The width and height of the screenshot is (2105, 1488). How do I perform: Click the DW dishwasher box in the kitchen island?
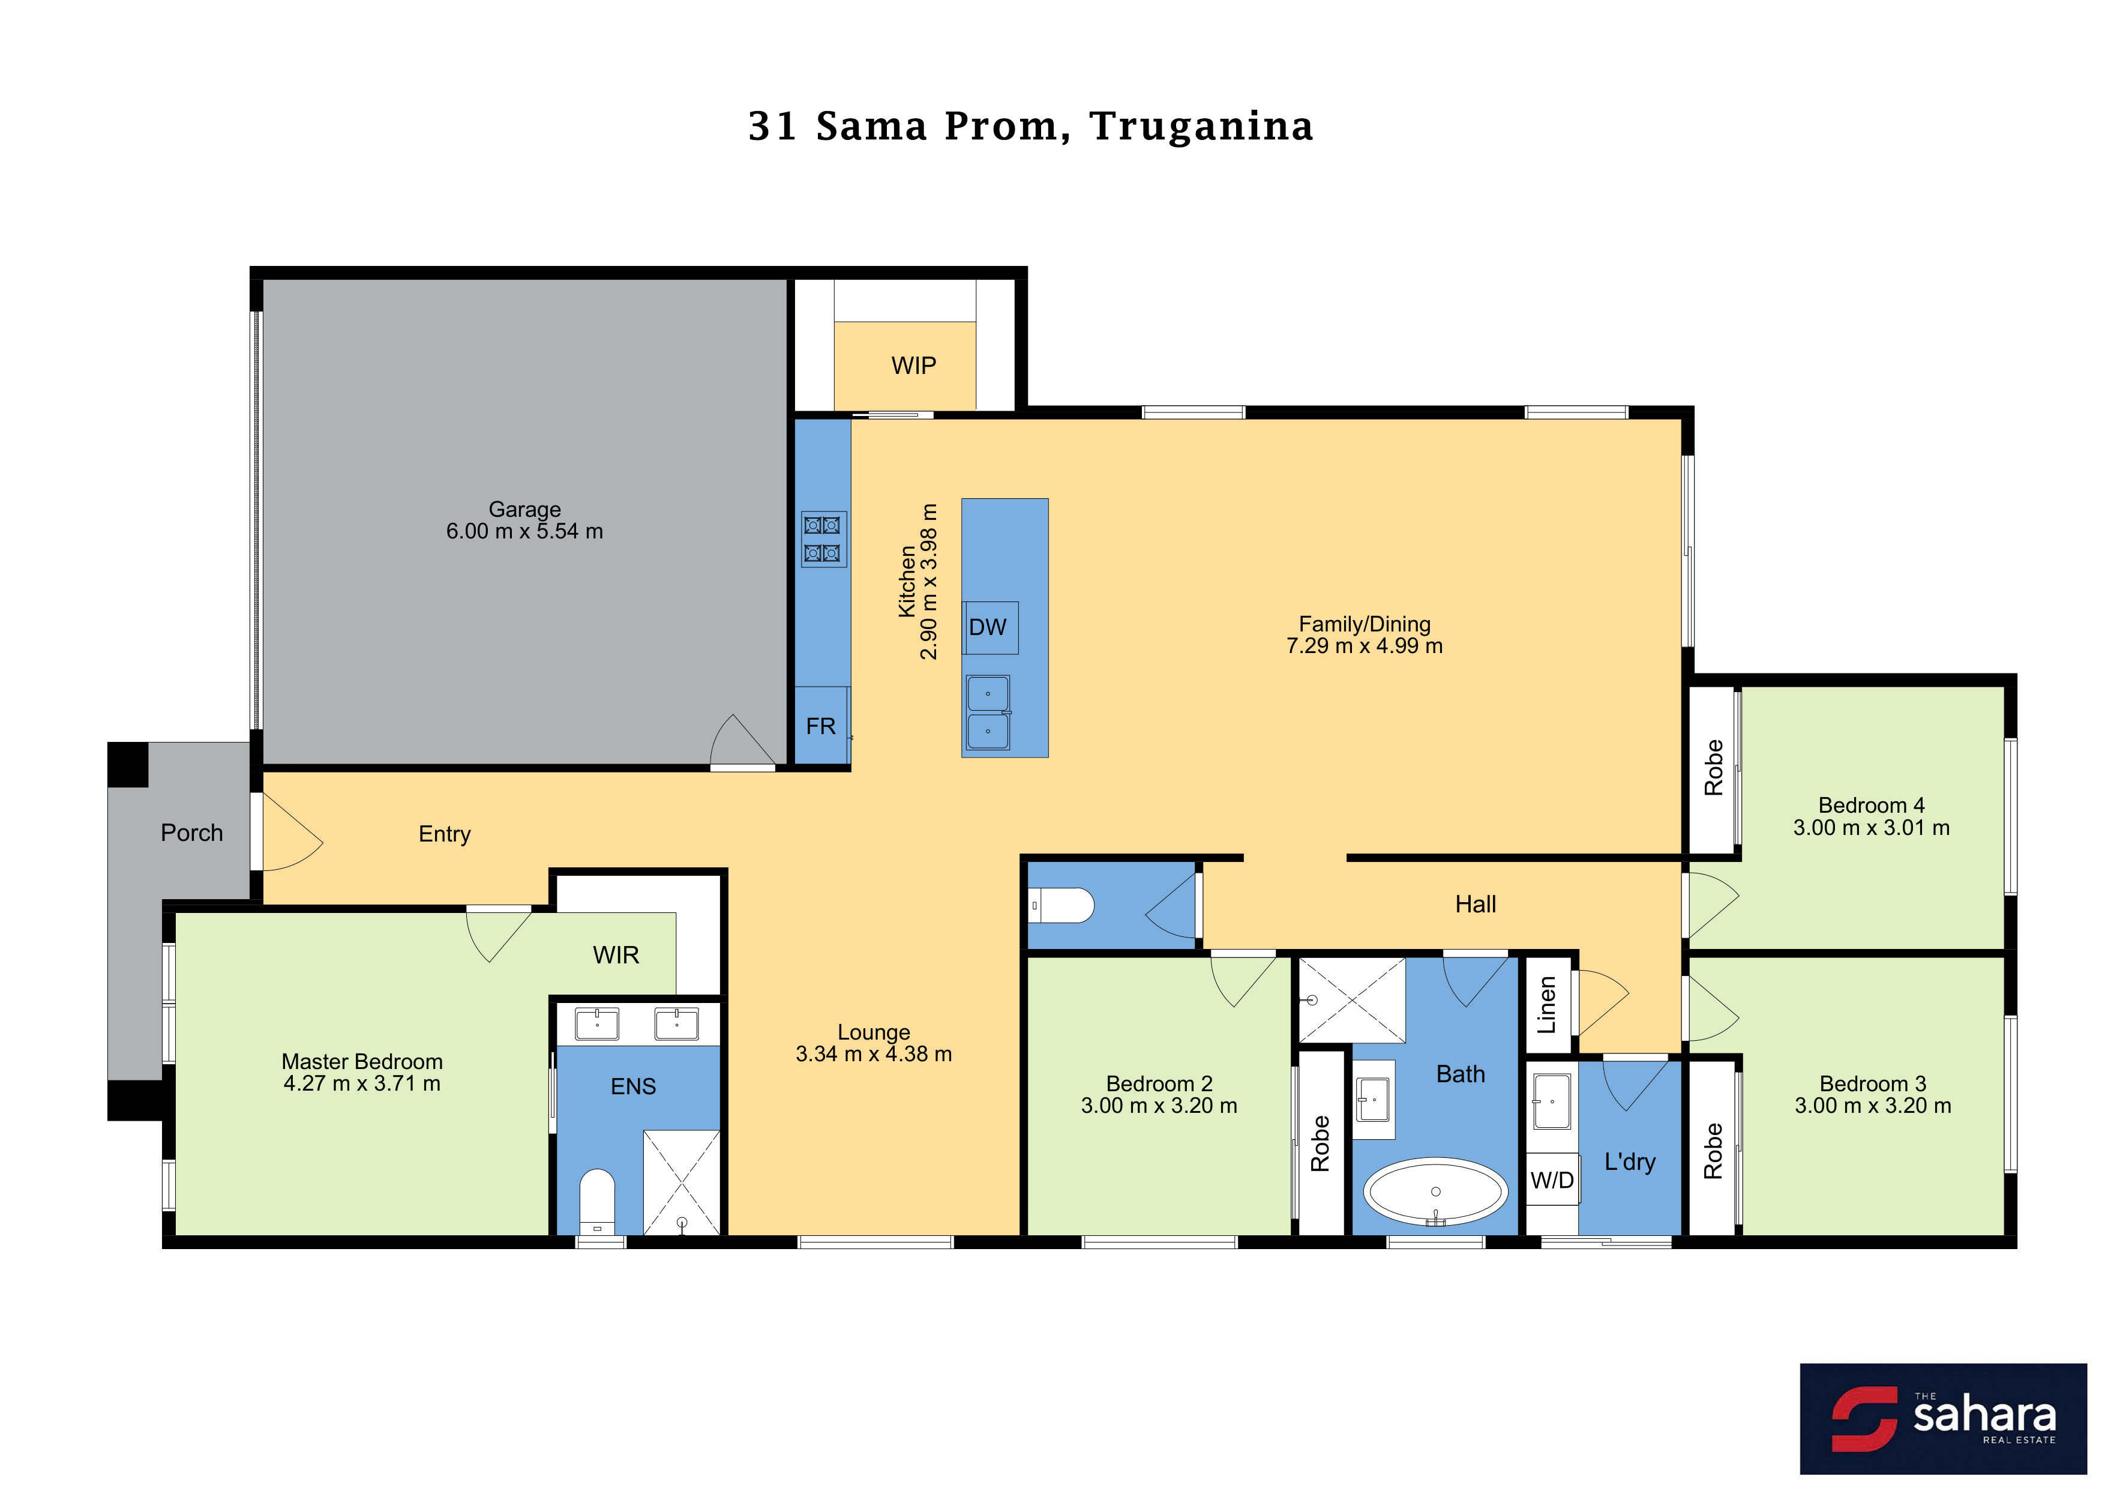pos(990,627)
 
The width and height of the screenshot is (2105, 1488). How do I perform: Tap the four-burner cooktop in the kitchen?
pos(823,539)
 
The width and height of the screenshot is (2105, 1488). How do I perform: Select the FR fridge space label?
pos(820,726)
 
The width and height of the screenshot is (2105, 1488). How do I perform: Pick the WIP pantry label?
pos(913,366)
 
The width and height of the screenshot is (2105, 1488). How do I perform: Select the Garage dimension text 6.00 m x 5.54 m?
pos(524,531)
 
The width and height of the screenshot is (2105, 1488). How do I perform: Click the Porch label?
pos(191,833)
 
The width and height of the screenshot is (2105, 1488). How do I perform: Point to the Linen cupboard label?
pos(1547,1005)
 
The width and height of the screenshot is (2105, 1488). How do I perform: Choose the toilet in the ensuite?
pos(597,1201)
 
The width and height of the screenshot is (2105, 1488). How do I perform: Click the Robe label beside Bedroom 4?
pos(1713,767)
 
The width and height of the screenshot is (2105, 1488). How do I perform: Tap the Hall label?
pos(1475,904)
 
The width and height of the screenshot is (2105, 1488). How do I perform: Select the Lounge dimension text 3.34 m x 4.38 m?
pos(874,1055)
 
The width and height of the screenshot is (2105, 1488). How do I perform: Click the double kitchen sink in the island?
pos(988,712)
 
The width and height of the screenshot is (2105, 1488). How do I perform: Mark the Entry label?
pos(445,834)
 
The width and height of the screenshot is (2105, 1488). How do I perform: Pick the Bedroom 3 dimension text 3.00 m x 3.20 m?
pos(1873,1106)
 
